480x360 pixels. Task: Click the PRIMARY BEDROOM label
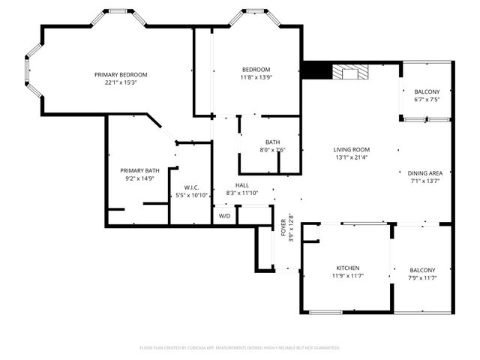[120, 74]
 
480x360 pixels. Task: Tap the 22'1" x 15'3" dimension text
[120, 82]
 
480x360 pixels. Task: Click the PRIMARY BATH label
[141, 170]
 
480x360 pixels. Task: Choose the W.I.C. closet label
[191, 187]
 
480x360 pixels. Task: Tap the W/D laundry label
[224, 216]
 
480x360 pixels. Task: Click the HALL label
[242, 185]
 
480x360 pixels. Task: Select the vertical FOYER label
[283, 226]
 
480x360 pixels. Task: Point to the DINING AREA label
[425, 172]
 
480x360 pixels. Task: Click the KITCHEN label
[347, 268]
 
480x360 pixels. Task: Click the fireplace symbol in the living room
[351, 72]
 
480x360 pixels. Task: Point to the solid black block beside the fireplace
[316, 70]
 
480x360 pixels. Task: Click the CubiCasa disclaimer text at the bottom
[240, 347]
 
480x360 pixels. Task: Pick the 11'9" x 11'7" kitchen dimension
[347, 277]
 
